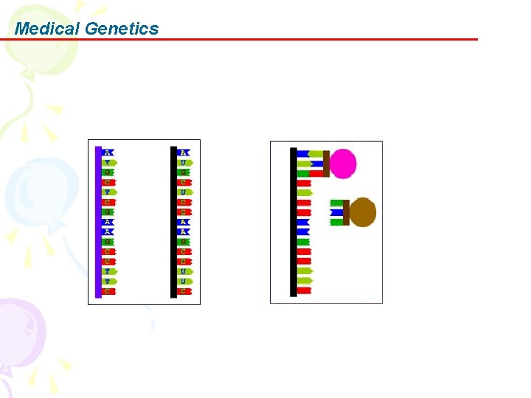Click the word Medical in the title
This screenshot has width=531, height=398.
(47, 29)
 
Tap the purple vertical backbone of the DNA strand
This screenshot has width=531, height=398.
(98, 221)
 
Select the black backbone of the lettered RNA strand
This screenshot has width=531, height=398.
(173, 221)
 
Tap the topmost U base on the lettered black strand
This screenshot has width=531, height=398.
(184, 162)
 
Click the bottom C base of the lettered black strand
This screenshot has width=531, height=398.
(184, 291)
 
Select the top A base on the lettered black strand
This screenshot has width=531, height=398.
(184, 153)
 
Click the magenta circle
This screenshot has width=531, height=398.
(343, 164)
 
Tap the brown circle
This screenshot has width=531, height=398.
(363, 212)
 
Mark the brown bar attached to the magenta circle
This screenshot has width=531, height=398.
(326, 164)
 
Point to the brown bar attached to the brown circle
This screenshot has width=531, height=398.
(346, 212)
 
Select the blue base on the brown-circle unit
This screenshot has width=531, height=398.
(336, 212)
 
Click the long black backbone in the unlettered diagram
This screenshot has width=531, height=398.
(294, 221)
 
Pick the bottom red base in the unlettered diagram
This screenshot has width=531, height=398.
(304, 290)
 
